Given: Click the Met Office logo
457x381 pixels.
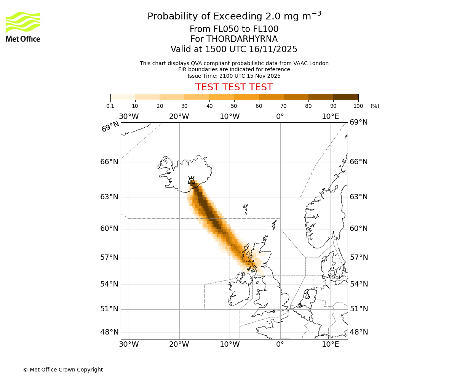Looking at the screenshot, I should (x=23, y=27).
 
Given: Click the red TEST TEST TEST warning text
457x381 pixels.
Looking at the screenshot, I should (x=234, y=87).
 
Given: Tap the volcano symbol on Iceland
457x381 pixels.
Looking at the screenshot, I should (x=192, y=180).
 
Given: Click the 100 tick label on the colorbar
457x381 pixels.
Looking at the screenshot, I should (x=358, y=106).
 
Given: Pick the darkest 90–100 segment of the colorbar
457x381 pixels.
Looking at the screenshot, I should (x=346, y=97).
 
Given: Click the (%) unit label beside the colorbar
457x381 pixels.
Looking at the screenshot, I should (x=375, y=106).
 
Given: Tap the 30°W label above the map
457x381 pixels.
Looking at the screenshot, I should (x=129, y=117).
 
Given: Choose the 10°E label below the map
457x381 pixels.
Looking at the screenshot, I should (x=331, y=344).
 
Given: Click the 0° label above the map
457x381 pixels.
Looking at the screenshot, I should (x=280, y=117).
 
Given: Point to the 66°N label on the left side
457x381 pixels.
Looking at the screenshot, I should (x=109, y=162).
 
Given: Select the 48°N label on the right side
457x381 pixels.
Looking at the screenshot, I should (x=359, y=332).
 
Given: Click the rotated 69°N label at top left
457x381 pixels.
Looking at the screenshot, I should (x=110, y=126).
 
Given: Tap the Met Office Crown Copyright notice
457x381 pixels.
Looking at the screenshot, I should (x=63, y=370).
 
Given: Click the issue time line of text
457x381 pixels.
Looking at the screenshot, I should (x=234, y=76).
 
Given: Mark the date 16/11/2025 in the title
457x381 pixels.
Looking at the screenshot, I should (x=273, y=50).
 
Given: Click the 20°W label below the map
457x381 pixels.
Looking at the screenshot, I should (x=179, y=344).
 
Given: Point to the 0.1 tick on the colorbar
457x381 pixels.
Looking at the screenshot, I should (x=110, y=106).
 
